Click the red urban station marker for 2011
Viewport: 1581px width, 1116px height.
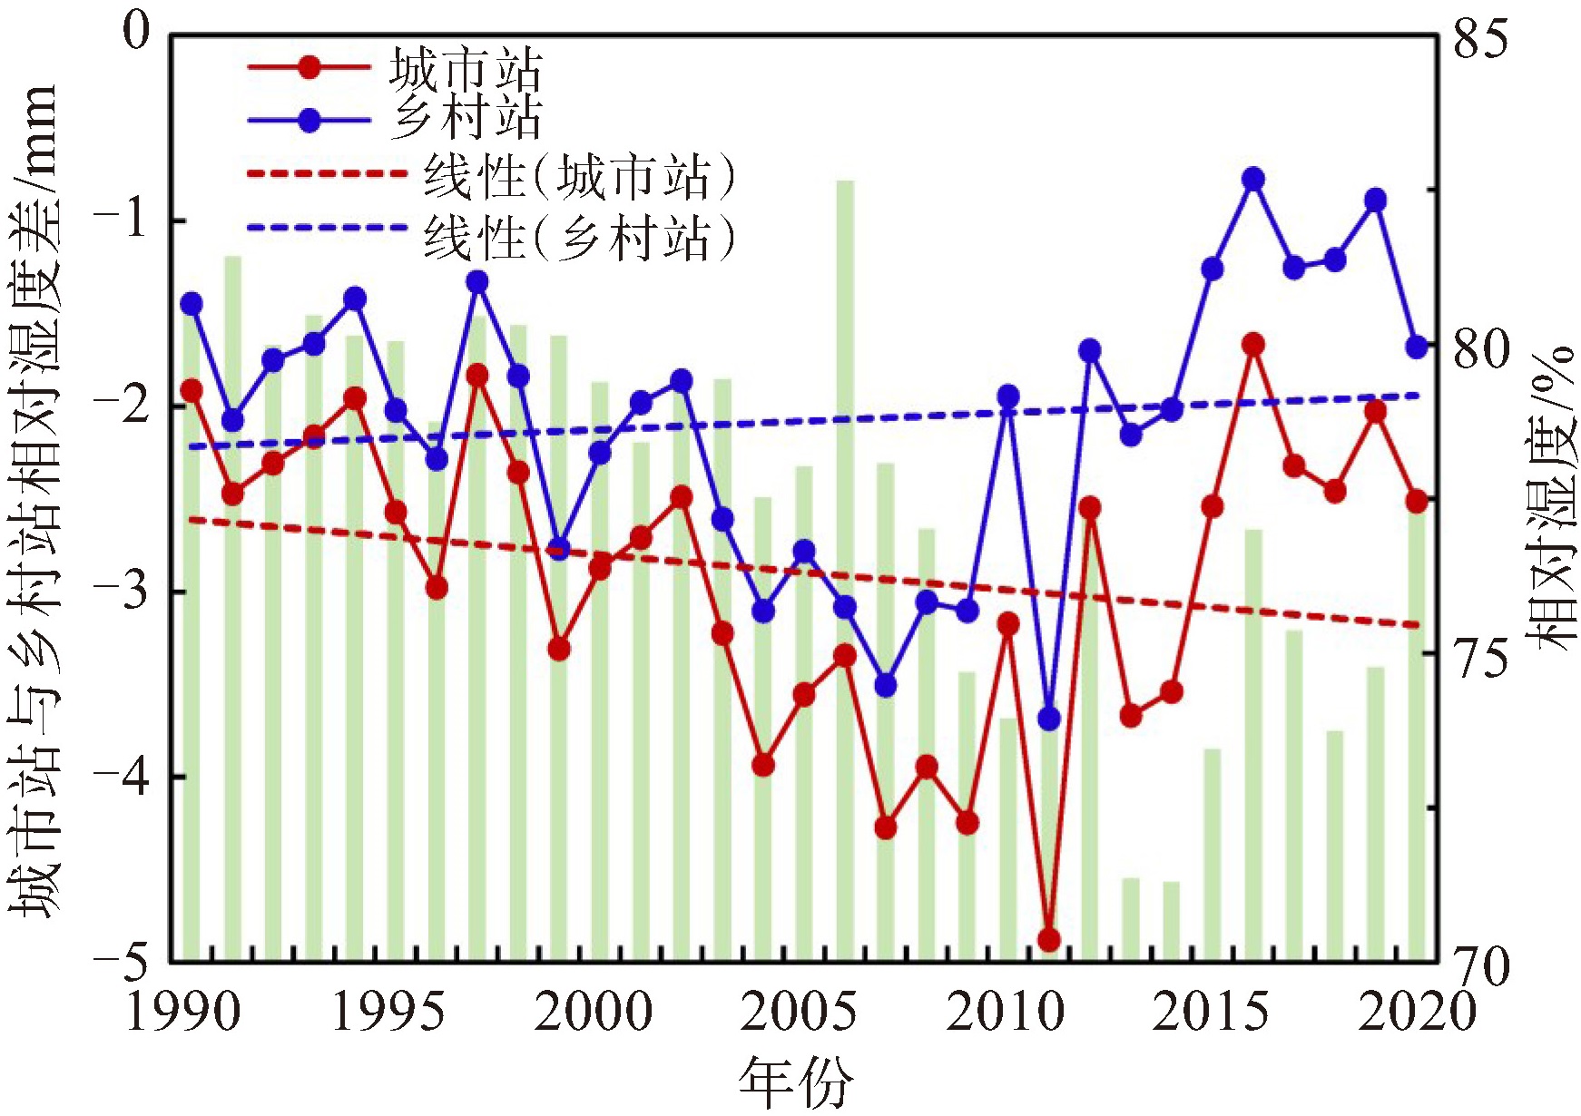tap(1049, 939)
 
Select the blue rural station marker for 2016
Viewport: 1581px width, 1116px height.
tap(1253, 179)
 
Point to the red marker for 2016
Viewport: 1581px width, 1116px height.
tap(1253, 345)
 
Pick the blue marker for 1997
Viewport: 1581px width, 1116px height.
tap(477, 282)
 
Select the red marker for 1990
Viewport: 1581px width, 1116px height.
tap(191, 391)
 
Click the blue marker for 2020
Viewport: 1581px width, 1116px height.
tap(1417, 347)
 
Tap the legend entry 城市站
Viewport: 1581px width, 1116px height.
tap(465, 69)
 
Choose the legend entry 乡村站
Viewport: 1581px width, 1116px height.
tap(465, 118)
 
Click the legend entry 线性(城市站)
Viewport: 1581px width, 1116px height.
tap(578, 177)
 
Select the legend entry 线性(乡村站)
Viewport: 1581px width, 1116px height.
tap(578, 238)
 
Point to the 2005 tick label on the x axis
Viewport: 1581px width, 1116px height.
tap(798, 1012)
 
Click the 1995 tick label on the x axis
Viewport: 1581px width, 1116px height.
tap(388, 1012)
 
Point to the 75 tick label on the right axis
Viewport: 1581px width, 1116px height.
tap(1480, 655)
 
